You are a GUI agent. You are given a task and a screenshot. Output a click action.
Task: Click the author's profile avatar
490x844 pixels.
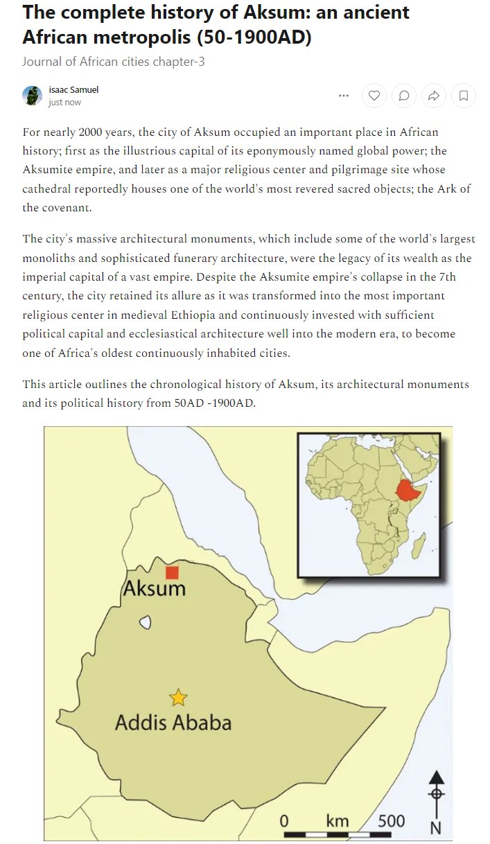[33, 96]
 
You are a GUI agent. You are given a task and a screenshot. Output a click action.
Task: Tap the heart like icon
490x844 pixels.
[374, 96]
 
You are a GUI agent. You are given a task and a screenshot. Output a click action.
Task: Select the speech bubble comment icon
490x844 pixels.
[404, 96]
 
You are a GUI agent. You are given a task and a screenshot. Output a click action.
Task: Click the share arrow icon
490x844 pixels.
[434, 96]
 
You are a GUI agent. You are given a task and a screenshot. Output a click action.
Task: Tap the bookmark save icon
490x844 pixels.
[464, 96]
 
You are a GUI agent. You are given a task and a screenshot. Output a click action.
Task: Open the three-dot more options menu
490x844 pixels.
[344, 96]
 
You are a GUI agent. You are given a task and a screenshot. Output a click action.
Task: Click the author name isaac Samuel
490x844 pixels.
[73, 89]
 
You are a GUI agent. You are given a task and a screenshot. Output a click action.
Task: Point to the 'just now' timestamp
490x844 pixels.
[64, 103]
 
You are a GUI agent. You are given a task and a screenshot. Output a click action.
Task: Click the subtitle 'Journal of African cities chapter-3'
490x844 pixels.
[113, 62]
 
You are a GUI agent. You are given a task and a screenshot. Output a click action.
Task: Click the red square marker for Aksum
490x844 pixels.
[172, 572]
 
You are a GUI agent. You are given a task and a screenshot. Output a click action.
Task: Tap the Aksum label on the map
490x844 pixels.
[154, 589]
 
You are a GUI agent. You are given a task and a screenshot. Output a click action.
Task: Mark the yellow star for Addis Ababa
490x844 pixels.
[179, 697]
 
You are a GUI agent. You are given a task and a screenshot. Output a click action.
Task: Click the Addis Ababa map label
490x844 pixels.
[173, 723]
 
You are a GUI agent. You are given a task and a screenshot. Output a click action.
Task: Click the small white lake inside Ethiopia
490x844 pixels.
[145, 622]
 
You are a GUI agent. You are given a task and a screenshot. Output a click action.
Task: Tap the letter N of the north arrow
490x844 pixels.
[436, 827]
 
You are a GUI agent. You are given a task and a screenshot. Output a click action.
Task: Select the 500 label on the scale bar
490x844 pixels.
[392, 821]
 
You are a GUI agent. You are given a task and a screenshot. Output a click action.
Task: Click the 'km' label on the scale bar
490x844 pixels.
[338, 821]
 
